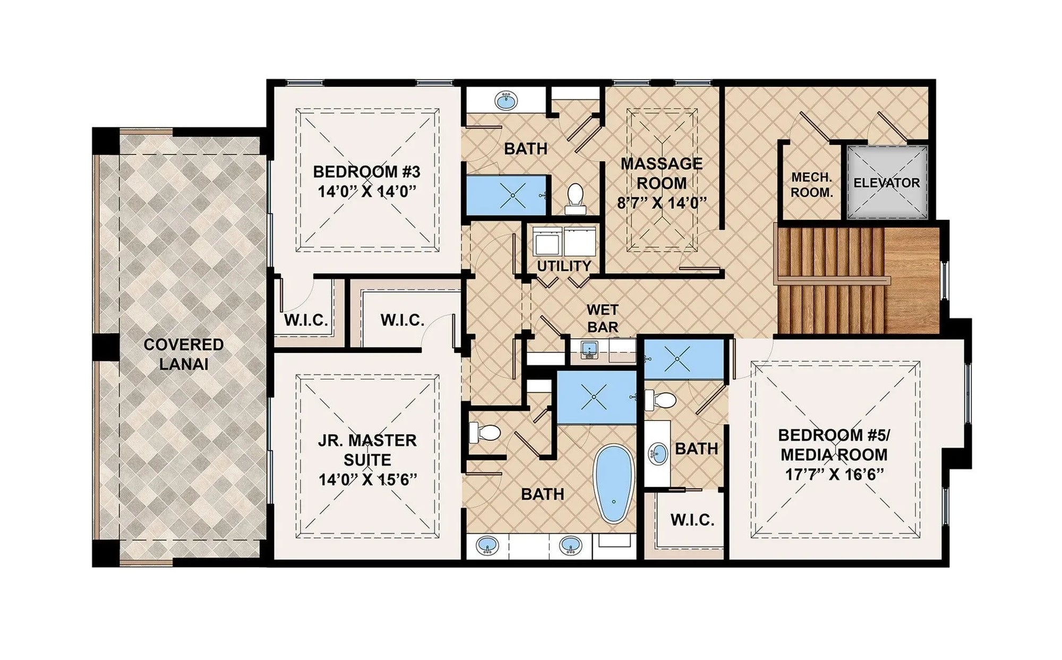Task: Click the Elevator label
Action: [x=886, y=183]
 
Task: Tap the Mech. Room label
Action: [x=811, y=184]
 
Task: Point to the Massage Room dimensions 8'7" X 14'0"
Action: [x=662, y=203]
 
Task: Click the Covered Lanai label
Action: [x=183, y=354]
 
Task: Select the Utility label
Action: [x=563, y=266]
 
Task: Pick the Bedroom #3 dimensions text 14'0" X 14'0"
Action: [x=366, y=191]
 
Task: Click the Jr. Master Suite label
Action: [x=367, y=450]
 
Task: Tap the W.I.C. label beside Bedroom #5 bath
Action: [x=692, y=520]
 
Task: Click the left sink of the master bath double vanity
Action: [x=487, y=545]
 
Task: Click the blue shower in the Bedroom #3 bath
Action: [x=507, y=195]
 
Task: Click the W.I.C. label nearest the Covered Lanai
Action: [x=305, y=320]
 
